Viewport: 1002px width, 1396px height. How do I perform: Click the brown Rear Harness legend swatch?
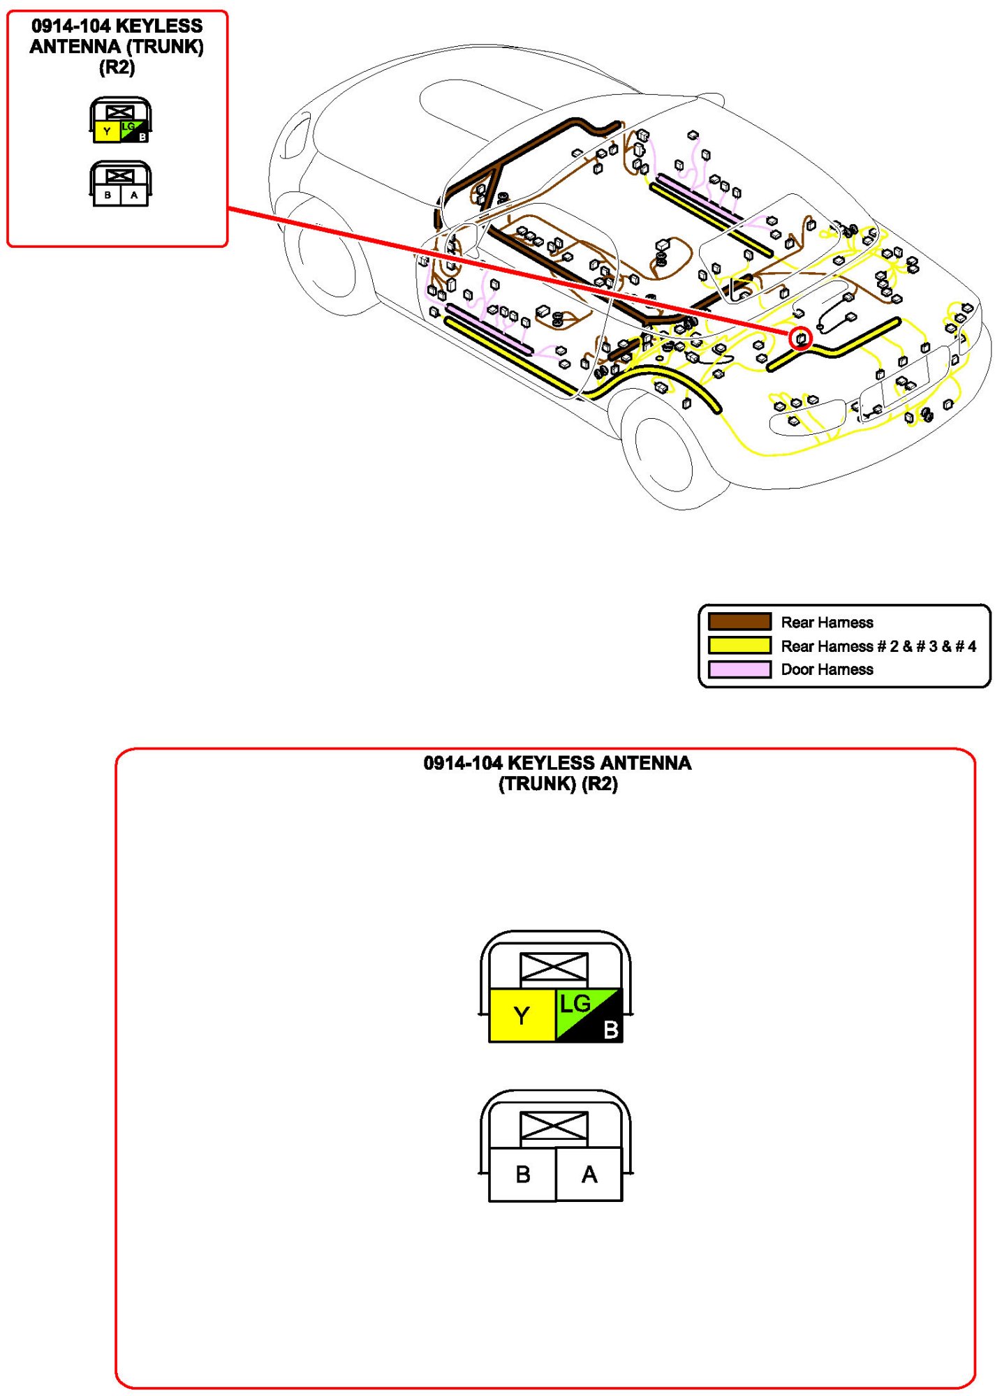[x=739, y=621]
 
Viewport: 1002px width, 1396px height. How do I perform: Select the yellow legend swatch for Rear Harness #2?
[x=739, y=645]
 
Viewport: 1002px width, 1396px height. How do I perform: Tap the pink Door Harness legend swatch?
[x=739, y=669]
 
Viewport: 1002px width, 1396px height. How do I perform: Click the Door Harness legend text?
[x=827, y=669]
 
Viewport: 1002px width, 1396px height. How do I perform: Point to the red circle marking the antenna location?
[x=801, y=339]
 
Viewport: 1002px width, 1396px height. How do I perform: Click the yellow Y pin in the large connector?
[x=522, y=1015]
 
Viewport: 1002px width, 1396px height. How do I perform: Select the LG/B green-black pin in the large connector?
[x=588, y=1015]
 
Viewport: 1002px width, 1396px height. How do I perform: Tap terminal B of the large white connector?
[x=522, y=1174]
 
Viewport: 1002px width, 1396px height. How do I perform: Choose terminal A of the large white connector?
[x=589, y=1174]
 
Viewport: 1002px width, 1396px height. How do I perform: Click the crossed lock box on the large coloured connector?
[x=554, y=967]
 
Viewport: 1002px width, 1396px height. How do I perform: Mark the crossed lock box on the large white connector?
[x=554, y=1127]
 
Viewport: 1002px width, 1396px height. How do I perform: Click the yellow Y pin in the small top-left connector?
[x=107, y=131]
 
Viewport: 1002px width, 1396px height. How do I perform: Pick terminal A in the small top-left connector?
[x=134, y=195]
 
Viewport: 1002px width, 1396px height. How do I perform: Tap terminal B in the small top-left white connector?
[x=108, y=195]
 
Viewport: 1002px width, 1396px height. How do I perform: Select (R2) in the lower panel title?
[x=599, y=784]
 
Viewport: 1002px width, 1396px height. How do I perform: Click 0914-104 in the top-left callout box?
[x=71, y=27]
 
